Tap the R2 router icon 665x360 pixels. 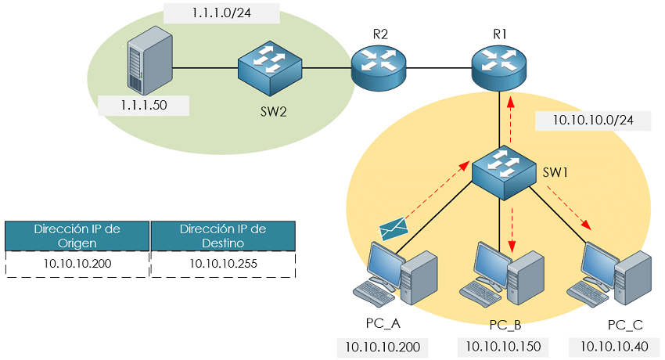click(x=379, y=67)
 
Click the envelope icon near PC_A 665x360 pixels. click(x=394, y=228)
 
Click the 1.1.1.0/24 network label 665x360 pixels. click(x=221, y=13)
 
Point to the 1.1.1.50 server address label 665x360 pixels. click(x=143, y=104)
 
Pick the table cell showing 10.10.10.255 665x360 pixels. click(x=223, y=264)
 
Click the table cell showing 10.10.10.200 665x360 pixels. click(x=77, y=264)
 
